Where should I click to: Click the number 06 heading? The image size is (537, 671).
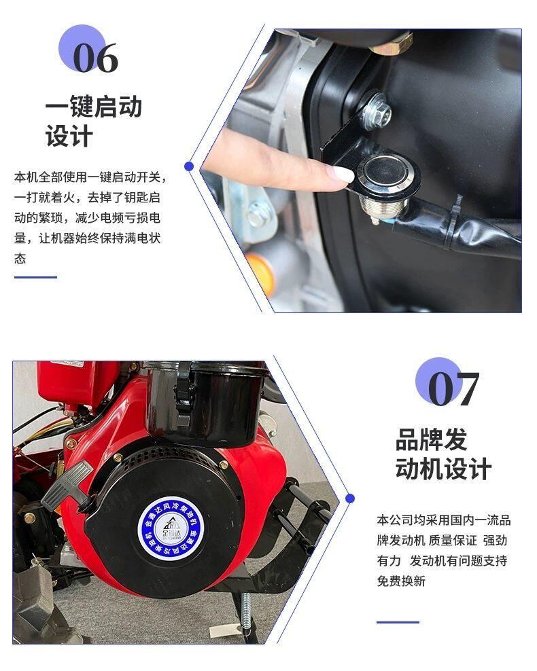pyautogui.click(x=95, y=58)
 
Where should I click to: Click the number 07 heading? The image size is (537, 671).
pyautogui.click(x=453, y=388)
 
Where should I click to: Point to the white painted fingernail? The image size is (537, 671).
pyautogui.click(x=341, y=175)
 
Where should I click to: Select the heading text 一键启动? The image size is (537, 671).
pyautogui.click(x=93, y=107)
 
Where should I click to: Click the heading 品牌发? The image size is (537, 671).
pyautogui.click(x=431, y=439)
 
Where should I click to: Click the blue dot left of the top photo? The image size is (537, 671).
pyautogui.click(x=189, y=166)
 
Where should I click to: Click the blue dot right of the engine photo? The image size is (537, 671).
pyautogui.click(x=350, y=498)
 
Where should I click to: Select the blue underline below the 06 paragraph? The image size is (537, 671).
pyautogui.click(x=35, y=277)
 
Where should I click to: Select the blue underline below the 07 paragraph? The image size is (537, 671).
pyautogui.click(x=398, y=622)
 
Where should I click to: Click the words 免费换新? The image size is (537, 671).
pyautogui.click(x=401, y=581)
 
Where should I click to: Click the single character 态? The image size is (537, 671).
pyautogui.click(x=20, y=259)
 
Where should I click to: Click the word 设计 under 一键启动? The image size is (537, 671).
pyautogui.click(x=69, y=137)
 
